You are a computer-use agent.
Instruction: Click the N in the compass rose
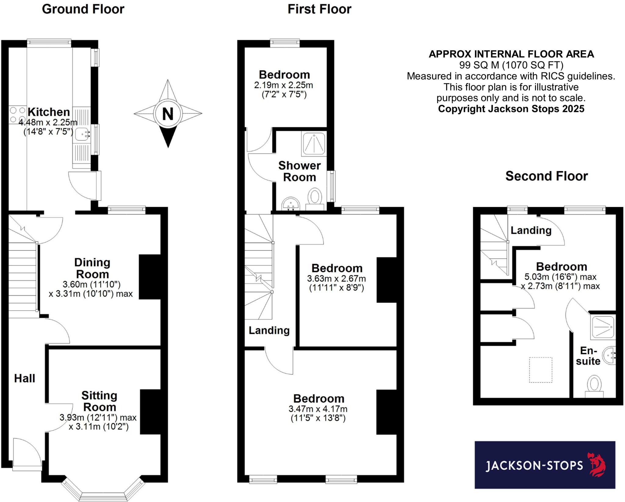pos(168,114)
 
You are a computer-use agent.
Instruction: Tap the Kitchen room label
pos(49,112)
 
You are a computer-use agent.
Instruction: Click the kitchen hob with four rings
pos(17,115)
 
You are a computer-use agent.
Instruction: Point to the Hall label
pos(25,378)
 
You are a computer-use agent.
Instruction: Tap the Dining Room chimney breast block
pos(150,277)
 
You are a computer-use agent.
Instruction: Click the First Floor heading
pos(320,9)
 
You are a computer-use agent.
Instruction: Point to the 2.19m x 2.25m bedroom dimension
pos(284,85)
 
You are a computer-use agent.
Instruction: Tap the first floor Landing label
pos(269,330)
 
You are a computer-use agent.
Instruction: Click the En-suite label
pos(588,356)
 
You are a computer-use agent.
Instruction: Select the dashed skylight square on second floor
pos(541,370)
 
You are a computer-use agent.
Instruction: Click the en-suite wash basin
pos(609,356)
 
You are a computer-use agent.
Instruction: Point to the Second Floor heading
pos(547,176)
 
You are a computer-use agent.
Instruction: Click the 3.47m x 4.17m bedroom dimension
pos(318,409)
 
